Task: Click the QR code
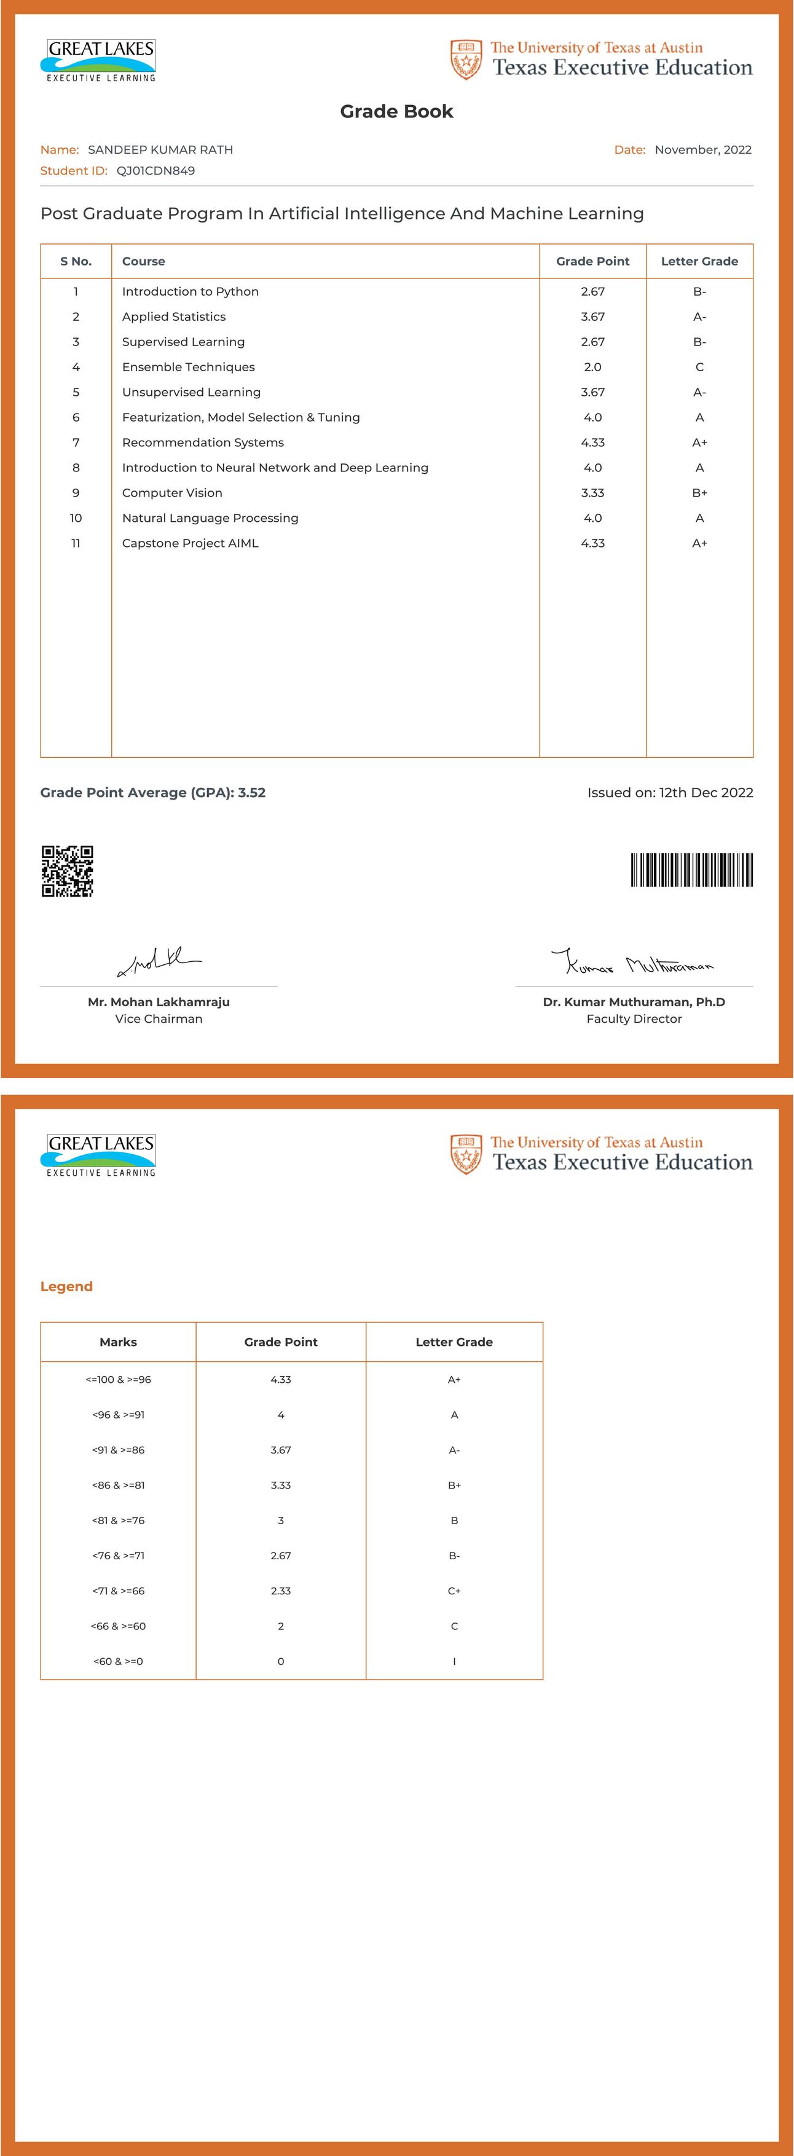click(67, 870)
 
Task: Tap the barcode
click(691, 870)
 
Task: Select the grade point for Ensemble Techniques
click(592, 366)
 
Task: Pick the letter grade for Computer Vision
click(699, 493)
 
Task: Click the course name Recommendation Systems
click(202, 443)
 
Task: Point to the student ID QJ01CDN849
click(155, 171)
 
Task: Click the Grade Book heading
click(396, 111)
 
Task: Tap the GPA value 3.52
click(252, 793)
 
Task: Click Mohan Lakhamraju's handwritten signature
click(159, 962)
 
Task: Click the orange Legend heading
click(66, 1286)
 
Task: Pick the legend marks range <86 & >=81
click(118, 1485)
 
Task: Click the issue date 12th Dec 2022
click(706, 793)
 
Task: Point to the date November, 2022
click(703, 150)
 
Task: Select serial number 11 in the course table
click(76, 543)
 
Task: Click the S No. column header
click(76, 261)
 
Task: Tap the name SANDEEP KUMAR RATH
click(160, 150)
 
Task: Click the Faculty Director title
click(634, 1018)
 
